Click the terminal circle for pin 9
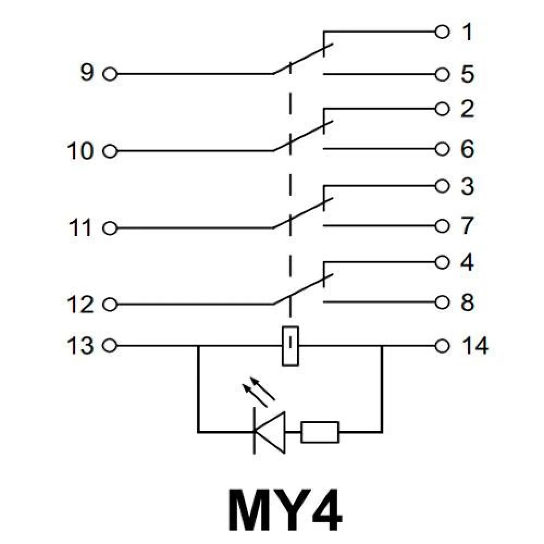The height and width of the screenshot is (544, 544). pyautogui.click(x=110, y=74)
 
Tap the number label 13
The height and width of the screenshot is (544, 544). pyautogui.click(x=80, y=345)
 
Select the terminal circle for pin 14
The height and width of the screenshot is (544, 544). pyautogui.click(x=443, y=345)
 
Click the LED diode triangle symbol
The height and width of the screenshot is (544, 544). pyautogui.click(x=270, y=432)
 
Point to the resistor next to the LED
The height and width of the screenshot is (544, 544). pyautogui.click(x=320, y=432)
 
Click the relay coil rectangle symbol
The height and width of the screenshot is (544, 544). pyautogui.click(x=290, y=345)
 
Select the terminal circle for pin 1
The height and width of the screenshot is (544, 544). pyautogui.click(x=443, y=32)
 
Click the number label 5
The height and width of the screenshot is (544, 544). pyautogui.click(x=466, y=75)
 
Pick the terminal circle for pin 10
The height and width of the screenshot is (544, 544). pyautogui.click(x=110, y=151)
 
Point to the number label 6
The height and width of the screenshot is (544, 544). pyautogui.click(x=467, y=150)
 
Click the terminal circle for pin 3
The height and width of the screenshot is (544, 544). pyautogui.click(x=443, y=186)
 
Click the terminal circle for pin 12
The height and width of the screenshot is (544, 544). pyautogui.click(x=110, y=305)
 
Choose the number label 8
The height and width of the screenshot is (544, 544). pyautogui.click(x=467, y=303)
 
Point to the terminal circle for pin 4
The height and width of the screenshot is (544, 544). pyautogui.click(x=443, y=263)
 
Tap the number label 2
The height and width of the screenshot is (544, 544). pyautogui.click(x=467, y=110)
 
